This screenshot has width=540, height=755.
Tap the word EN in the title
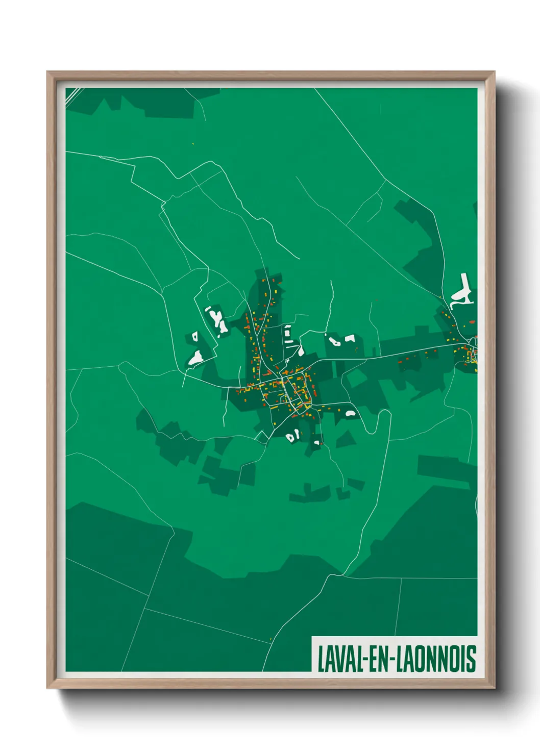tap(377, 659)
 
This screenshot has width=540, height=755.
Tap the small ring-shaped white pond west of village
tap(194, 336)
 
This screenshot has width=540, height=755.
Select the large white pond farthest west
tap(195, 358)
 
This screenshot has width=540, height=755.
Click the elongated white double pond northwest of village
tap(218, 320)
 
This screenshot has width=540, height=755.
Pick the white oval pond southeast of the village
tap(350, 413)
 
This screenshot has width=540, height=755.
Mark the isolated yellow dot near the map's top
tap(193, 143)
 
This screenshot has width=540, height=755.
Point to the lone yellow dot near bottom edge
tap(270, 639)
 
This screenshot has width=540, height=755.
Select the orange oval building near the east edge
tap(472, 322)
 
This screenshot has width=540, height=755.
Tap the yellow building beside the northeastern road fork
tap(440, 296)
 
